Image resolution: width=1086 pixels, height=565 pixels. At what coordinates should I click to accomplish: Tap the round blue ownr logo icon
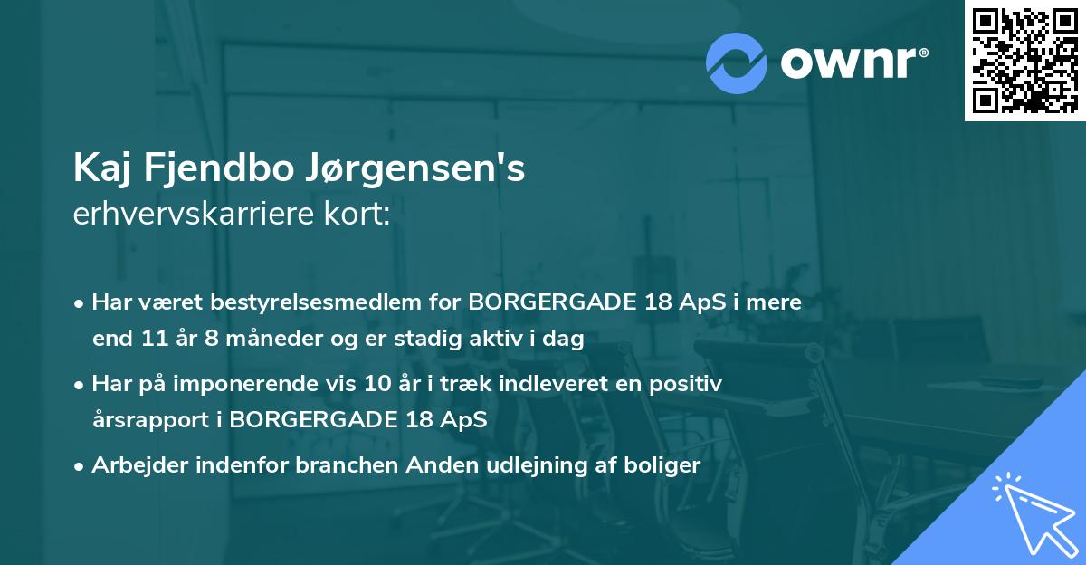(737, 62)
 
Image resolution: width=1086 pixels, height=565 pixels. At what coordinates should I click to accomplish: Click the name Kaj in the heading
(100, 169)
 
